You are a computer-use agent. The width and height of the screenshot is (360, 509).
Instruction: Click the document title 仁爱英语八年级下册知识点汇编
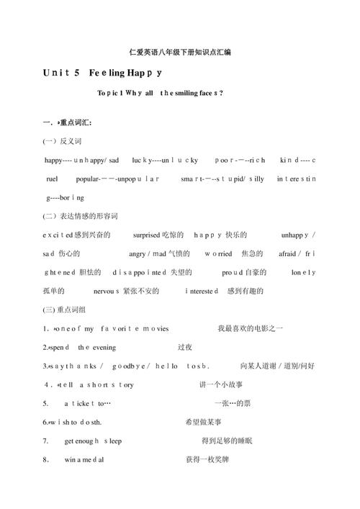pyautogui.click(x=179, y=52)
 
